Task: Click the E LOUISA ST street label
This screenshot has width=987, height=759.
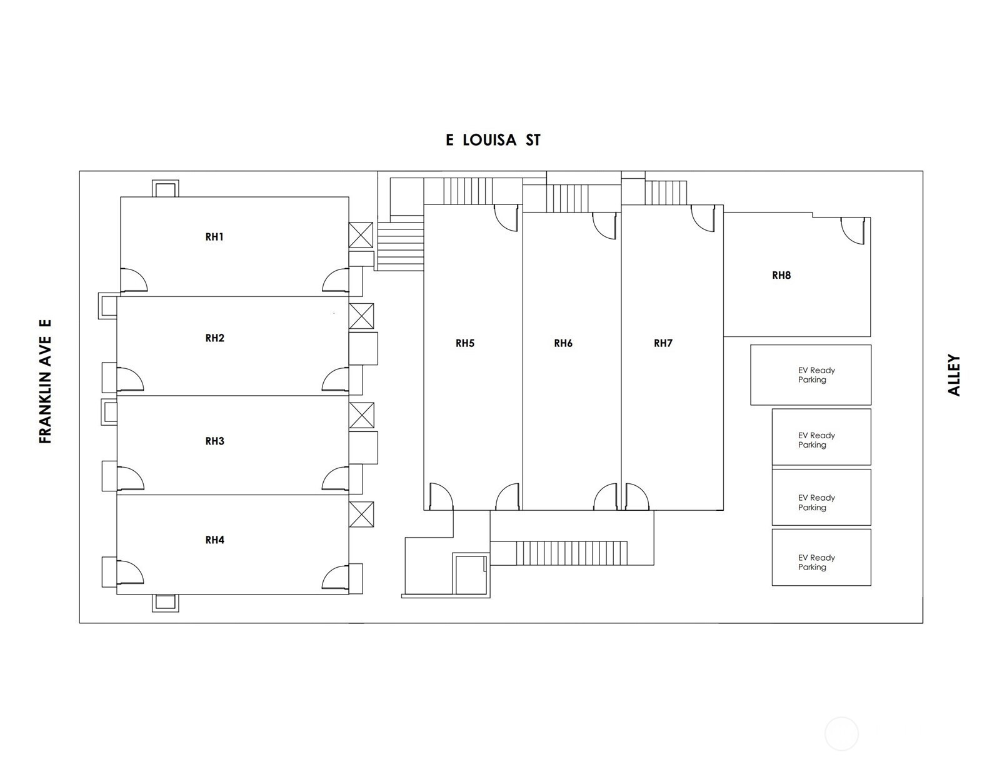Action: point(493,140)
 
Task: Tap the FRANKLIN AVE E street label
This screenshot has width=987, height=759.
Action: point(45,382)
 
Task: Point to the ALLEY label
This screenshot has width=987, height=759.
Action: point(954,375)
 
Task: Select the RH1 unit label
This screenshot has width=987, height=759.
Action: point(214,237)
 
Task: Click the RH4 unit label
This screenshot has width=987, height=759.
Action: point(214,540)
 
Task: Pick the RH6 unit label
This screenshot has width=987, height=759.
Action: point(563,343)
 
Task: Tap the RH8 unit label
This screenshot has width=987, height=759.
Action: point(781,275)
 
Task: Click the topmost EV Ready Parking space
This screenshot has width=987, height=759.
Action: point(811,374)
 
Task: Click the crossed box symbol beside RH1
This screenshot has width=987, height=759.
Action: point(361,235)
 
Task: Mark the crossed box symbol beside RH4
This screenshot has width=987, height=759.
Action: point(361,514)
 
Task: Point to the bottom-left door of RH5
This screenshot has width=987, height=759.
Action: point(440,496)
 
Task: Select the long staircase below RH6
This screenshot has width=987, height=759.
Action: point(571,553)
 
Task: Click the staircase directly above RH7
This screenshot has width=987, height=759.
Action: point(666,193)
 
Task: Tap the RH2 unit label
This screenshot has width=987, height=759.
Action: point(214,338)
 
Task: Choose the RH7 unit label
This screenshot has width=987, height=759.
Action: point(663,343)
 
